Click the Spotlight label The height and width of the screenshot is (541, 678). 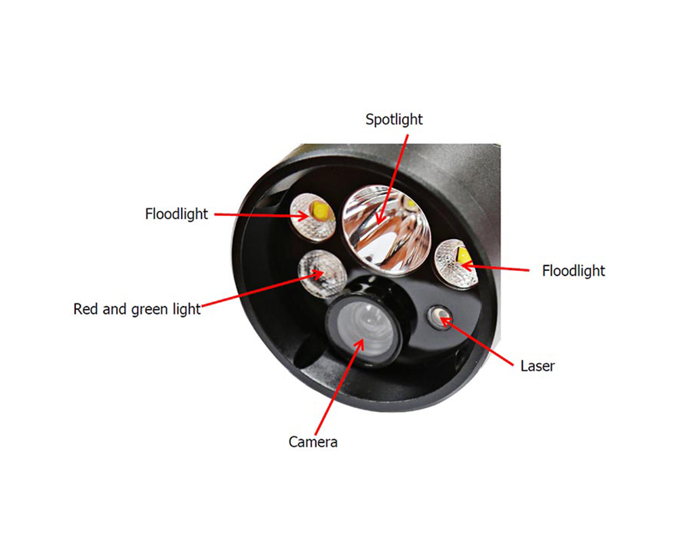pyautogui.click(x=394, y=120)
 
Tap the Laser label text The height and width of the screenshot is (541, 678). pyautogui.click(x=538, y=366)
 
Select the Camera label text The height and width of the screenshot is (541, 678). pyautogui.click(x=313, y=442)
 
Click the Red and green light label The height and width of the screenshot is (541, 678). pyautogui.click(x=137, y=310)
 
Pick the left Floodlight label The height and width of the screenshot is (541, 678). pyautogui.click(x=176, y=214)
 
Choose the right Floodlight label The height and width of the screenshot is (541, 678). pyautogui.click(x=574, y=271)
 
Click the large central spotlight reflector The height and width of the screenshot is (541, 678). pyautogui.click(x=386, y=229)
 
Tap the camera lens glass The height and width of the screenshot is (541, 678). pyautogui.click(x=365, y=330)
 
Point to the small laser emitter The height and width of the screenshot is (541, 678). pyautogui.click(x=439, y=317)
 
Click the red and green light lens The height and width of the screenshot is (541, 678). pyautogui.click(x=322, y=274)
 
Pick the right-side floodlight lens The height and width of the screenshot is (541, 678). pyautogui.click(x=456, y=264)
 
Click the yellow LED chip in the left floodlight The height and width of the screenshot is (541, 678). pyautogui.click(x=321, y=210)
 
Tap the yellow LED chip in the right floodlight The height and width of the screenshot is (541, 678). pyautogui.click(x=464, y=257)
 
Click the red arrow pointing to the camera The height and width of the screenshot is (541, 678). pyautogui.click(x=340, y=386)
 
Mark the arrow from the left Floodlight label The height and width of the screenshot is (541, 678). pyautogui.click(x=262, y=215)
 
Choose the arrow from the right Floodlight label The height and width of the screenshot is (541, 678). pyautogui.click(x=495, y=267)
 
